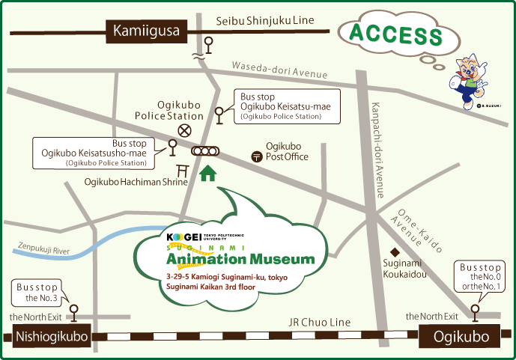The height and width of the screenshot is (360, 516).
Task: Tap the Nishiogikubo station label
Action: click(52, 337)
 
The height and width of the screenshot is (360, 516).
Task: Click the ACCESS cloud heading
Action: click(396, 34)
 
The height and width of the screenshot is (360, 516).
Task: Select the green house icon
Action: click(207, 174)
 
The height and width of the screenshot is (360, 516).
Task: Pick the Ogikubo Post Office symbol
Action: click(257, 157)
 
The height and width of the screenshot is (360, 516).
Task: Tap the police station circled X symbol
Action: click(184, 131)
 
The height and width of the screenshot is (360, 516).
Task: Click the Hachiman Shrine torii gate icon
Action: click(181, 170)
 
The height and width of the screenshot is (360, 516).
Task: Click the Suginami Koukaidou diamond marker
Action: click(392, 251)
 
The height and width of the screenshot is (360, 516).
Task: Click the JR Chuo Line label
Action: click(320, 323)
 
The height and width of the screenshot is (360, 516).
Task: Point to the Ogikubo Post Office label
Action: click(282, 151)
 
